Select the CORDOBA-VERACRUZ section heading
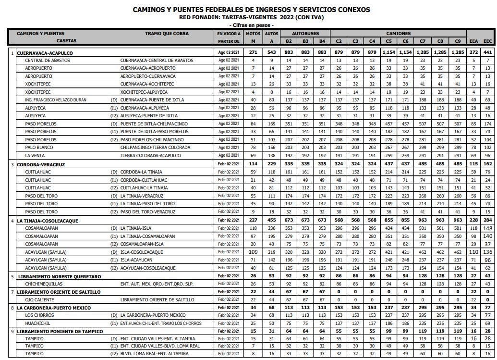point(41,164)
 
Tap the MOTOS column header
point(253,34)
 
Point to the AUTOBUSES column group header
point(305,34)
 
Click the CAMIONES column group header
point(399,34)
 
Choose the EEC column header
point(487,41)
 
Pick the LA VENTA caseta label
point(36,156)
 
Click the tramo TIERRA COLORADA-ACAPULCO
point(150,156)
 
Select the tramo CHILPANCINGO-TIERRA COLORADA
point(157,148)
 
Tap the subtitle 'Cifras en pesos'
point(252,25)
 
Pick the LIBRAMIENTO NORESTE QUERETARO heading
point(60,276)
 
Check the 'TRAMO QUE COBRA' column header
point(167,34)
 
